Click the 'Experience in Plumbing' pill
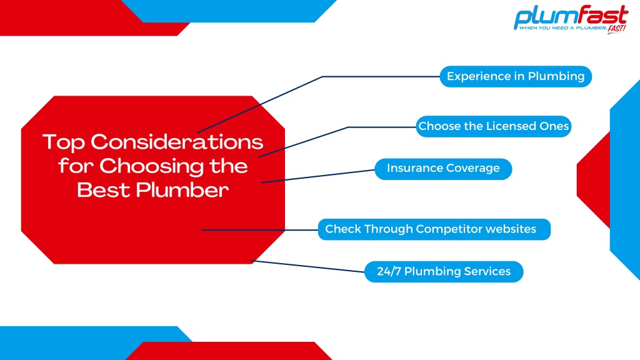click(516, 76)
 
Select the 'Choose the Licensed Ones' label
click(494, 126)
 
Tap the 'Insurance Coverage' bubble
click(443, 169)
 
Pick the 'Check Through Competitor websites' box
click(434, 229)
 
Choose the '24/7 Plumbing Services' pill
click(444, 271)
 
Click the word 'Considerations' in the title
click(177, 142)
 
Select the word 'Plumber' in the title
click(182, 190)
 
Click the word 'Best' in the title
click(103, 190)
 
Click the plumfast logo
click(571, 19)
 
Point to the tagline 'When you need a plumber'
click(562, 27)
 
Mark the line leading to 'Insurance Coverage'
click(318, 176)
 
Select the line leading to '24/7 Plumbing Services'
click(307, 266)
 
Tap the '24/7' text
click(389, 271)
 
